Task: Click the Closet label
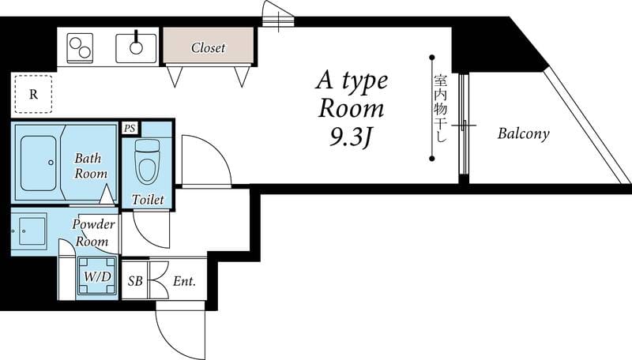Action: pyautogui.click(x=208, y=47)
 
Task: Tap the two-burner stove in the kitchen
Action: pyautogui.click(x=81, y=48)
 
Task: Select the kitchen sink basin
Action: pyautogui.click(x=136, y=48)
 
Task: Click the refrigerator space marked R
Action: pyautogui.click(x=33, y=94)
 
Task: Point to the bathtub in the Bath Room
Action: pyautogui.click(x=38, y=163)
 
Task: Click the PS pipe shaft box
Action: pyautogui.click(x=130, y=129)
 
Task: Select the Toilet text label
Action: pyautogui.click(x=148, y=199)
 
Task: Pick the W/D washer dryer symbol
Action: pyautogui.click(x=97, y=276)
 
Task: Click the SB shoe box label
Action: pyautogui.click(x=135, y=281)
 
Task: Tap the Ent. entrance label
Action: pyautogui.click(x=184, y=281)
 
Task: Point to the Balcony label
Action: pyautogui.click(x=523, y=133)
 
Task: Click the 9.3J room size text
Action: pyautogui.click(x=350, y=137)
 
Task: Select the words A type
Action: pyautogui.click(x=352, y=82)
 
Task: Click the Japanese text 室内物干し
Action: pyautogui.click(x=441, y=108)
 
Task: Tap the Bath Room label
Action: pyautogui.click(x=90, y=166)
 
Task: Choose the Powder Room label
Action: pyautogui.click(x=93, y=233)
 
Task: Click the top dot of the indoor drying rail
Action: pyautogui.click(x=431, y=57)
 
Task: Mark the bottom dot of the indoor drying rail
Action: pyautogui.click(x=431, y=159)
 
